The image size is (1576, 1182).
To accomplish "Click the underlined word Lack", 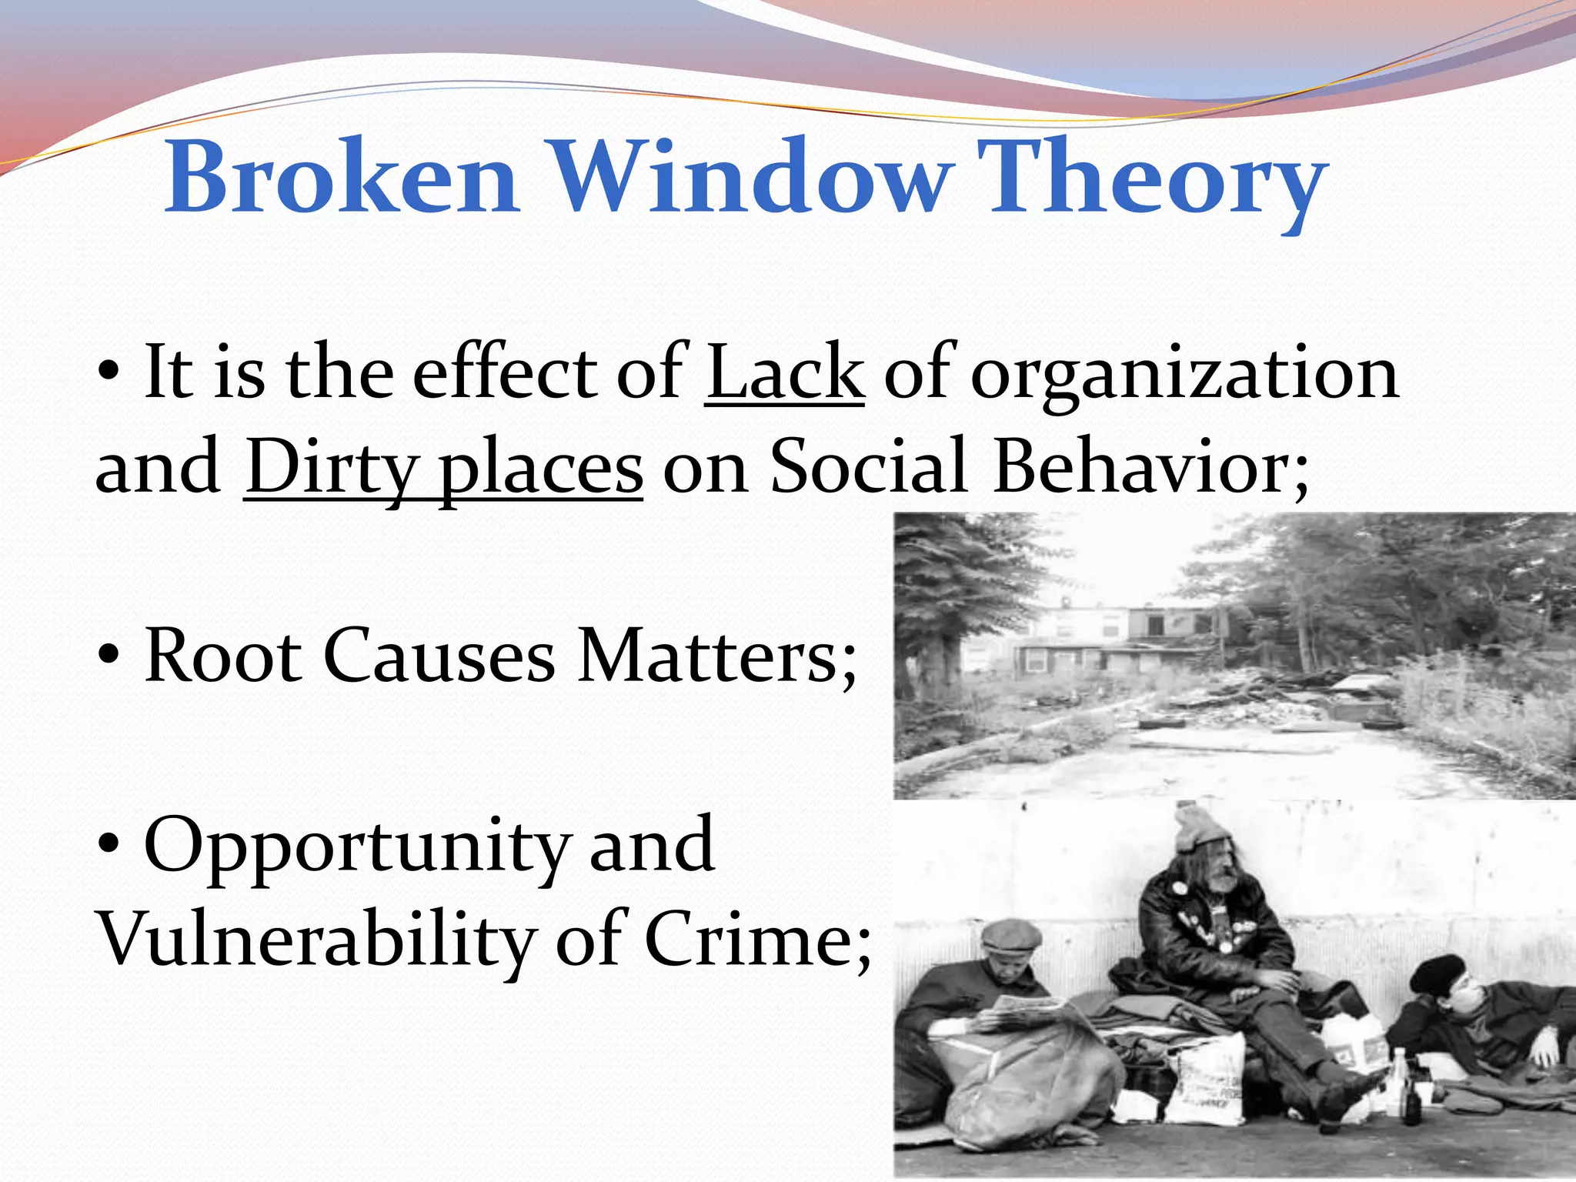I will [784, 373].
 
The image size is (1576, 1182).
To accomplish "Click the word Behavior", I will [1150, 466].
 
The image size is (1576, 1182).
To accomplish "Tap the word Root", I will [223, 656].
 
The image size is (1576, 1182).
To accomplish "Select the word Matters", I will [716, 656].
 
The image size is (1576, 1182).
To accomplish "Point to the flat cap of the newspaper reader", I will [1012, 935].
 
